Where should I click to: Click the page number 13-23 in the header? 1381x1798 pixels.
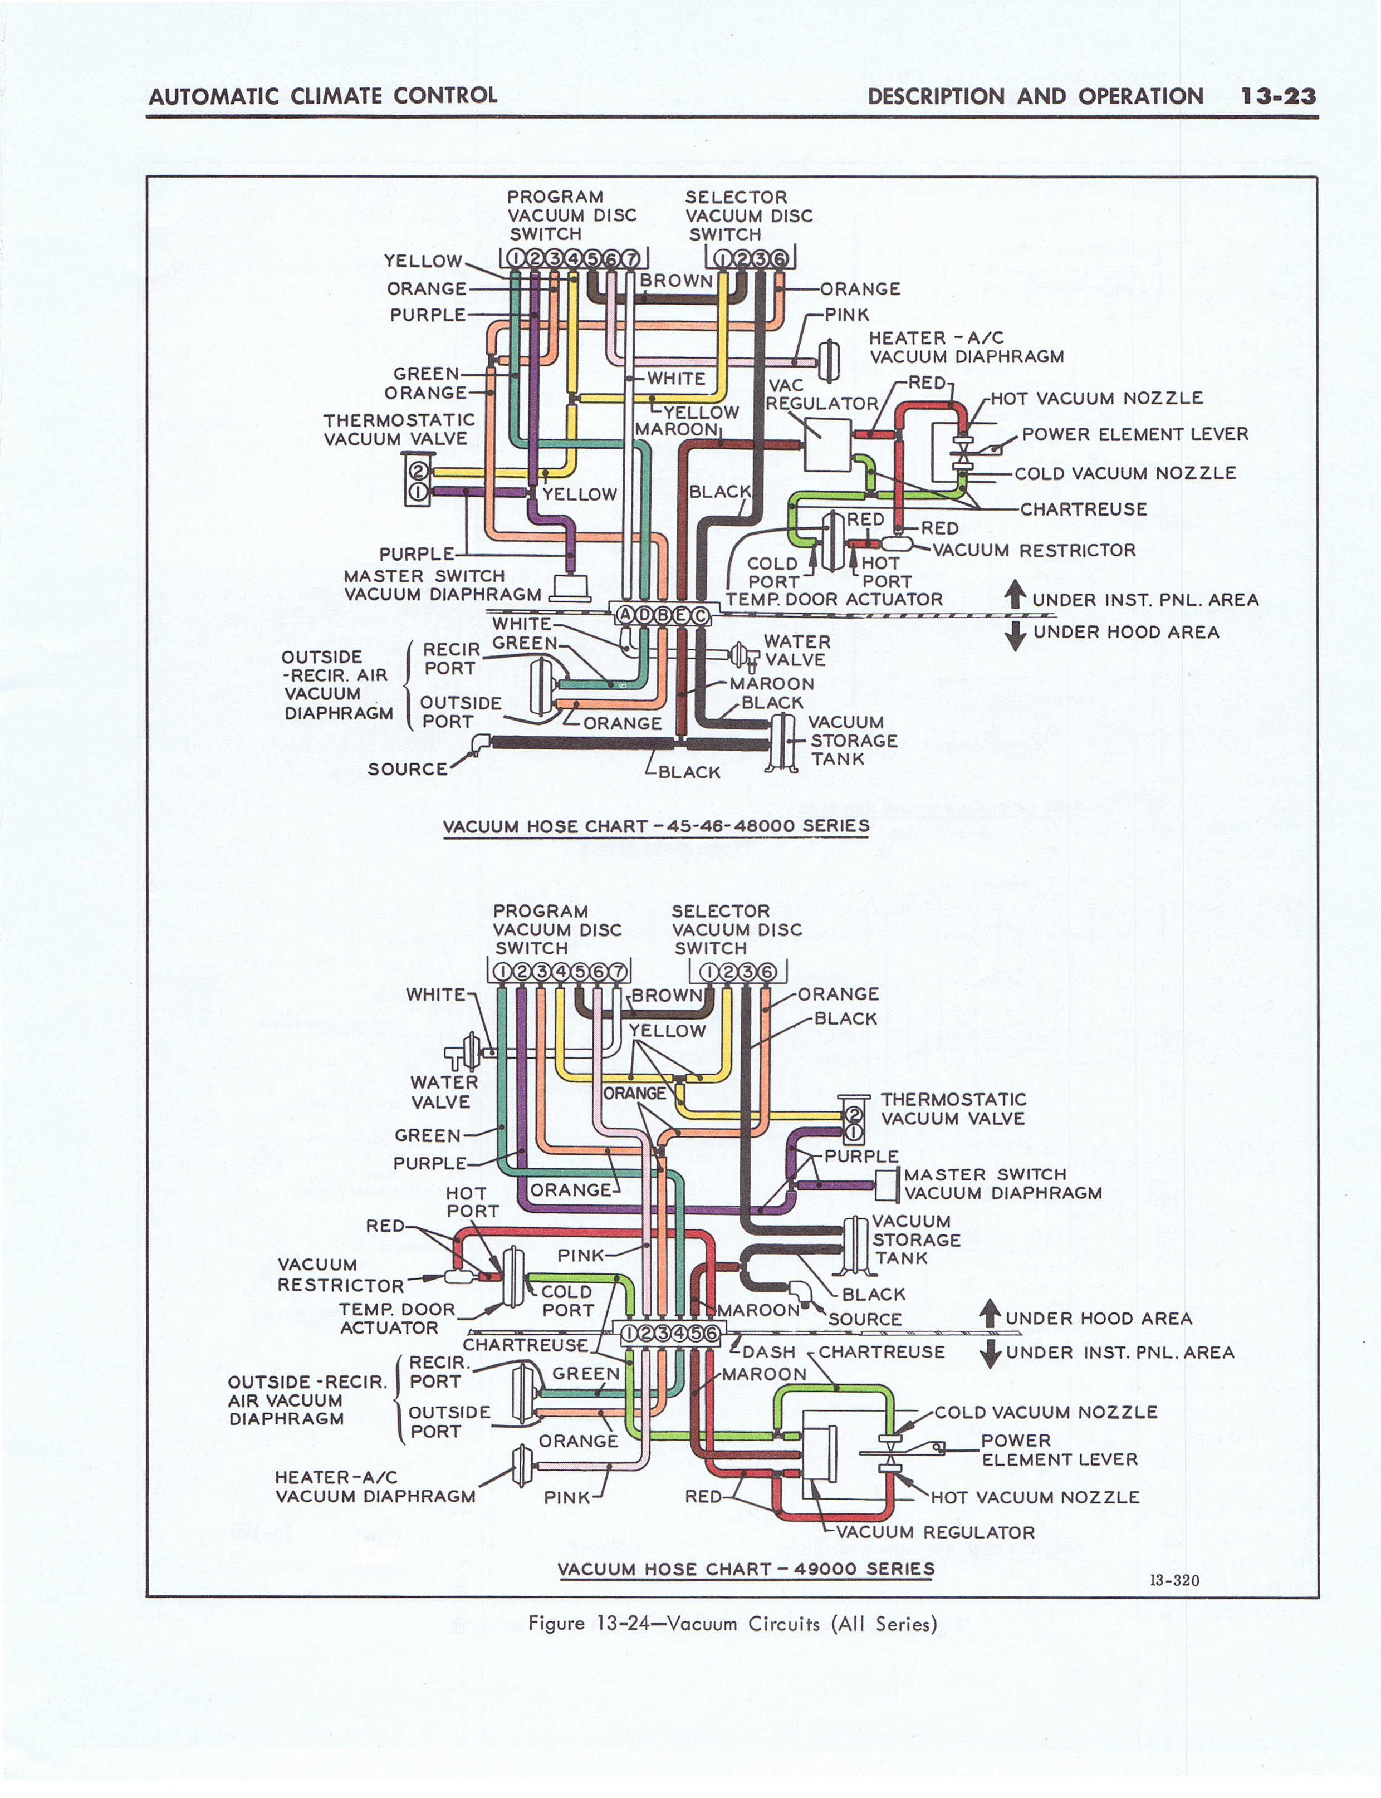pyautogui.click(x=1278, y=96)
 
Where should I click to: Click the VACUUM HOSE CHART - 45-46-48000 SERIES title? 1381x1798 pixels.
pyautogui.click(x=656, y=826)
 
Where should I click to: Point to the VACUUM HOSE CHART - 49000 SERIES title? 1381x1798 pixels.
pyautogui.click(x=746, y=1569)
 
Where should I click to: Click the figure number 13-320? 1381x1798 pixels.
pyautogui.click(x=1174, y=1580)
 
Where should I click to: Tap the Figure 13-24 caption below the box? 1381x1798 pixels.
pyautogui.click(x=732, y=1624)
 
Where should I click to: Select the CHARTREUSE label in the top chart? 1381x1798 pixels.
pyautogui.click(x=1084, y=509)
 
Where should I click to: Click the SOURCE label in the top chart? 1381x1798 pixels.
pyautogui.click(x=408, y=769)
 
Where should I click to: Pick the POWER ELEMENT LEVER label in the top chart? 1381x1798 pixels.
pyautogui.click(x=1134, y=434)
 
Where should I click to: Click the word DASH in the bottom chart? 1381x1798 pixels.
pyautogui.click(x=768, y=1352)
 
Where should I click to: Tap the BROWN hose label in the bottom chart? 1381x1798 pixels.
pyautogui.click(x=666, y=995)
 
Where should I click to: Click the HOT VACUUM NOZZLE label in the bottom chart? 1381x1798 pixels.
pyautogui.click(x=1035, y=1497)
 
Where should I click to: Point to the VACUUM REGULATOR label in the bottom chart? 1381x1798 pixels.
pyautogui.click(x=936, y=1532)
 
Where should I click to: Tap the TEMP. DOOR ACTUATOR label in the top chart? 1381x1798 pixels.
pyautogui.click(x=834, y=600)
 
